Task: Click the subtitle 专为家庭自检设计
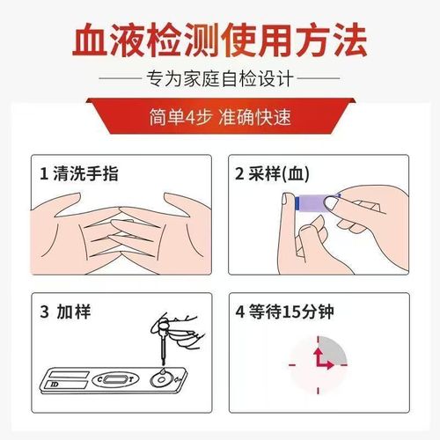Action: pyautogui.click(x=220, y=80)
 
